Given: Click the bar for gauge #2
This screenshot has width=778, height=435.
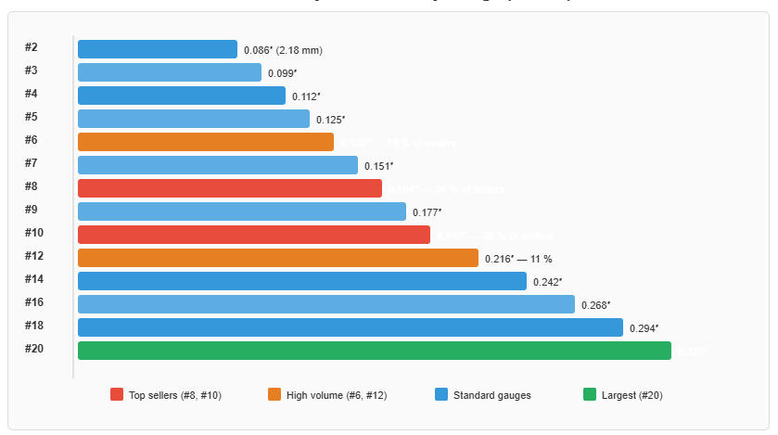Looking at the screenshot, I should point(158,49).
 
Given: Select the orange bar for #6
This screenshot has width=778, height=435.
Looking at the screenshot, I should point(206,142).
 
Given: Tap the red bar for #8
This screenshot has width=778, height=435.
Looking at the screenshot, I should point(230,188).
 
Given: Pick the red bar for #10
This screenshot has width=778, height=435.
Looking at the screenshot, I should point(254,235).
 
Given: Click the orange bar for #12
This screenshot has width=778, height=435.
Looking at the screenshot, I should point(278,258).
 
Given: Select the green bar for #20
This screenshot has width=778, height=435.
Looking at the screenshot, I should point(375,351).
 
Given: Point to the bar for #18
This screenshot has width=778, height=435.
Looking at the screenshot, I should point(351,327).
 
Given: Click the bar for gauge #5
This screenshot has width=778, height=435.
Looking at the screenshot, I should point(194,119).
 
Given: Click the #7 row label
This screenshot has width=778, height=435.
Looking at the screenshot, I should point(32,163).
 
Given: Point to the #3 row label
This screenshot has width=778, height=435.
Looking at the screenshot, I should point(32,70).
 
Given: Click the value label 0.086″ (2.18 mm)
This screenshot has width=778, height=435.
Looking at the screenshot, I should point(283,50).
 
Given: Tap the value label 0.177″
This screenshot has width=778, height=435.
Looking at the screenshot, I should point(427,212).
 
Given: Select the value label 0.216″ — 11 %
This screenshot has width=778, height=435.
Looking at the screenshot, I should point(518,259).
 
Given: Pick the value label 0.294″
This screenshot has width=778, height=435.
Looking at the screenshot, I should point(644,328).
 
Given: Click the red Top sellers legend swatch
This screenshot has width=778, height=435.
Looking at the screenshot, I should point(117,395).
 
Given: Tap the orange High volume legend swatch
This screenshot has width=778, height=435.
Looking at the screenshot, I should point(274,395).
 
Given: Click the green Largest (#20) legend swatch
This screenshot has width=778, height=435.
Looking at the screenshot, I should point(590,395).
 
